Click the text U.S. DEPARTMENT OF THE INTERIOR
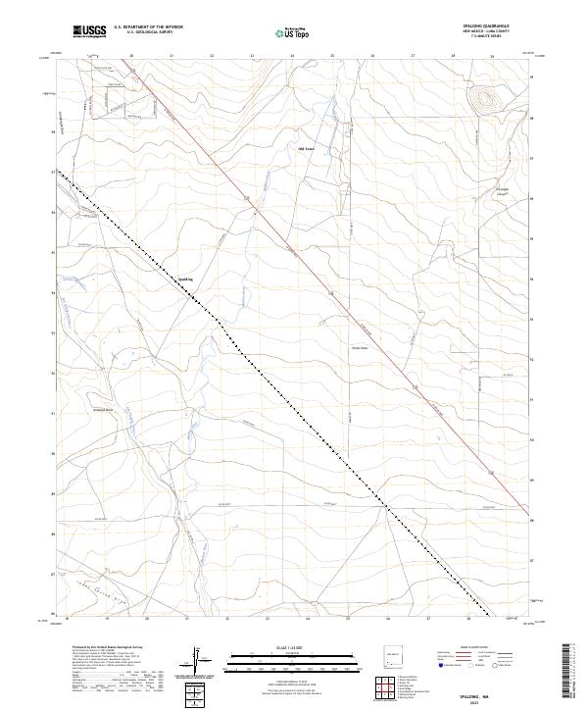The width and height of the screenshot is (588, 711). tap(148, 27)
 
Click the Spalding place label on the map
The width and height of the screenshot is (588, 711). tap(184, 279)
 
